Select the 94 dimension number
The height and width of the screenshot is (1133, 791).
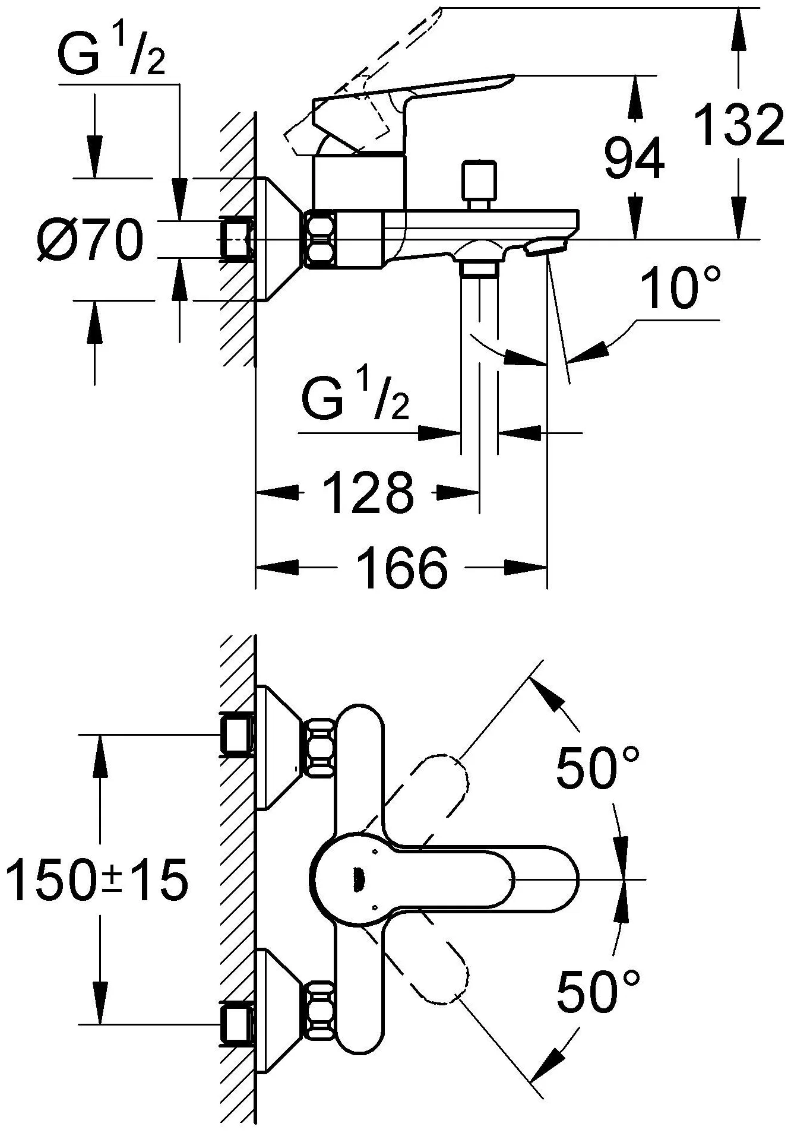[x=634, y=158]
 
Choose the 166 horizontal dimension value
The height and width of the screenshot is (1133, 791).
[x=402, y=568]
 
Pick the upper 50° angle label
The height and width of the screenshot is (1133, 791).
[x=597, y=768]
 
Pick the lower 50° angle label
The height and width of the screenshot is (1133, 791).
[x=599, y=991]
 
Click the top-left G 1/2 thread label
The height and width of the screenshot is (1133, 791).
[x=112, y=56]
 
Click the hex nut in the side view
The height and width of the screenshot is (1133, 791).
[x=321, y=239]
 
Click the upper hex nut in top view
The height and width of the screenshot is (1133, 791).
[x=321, y=747]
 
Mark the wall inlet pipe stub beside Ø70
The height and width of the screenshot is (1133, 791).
[x=237, y=239]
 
